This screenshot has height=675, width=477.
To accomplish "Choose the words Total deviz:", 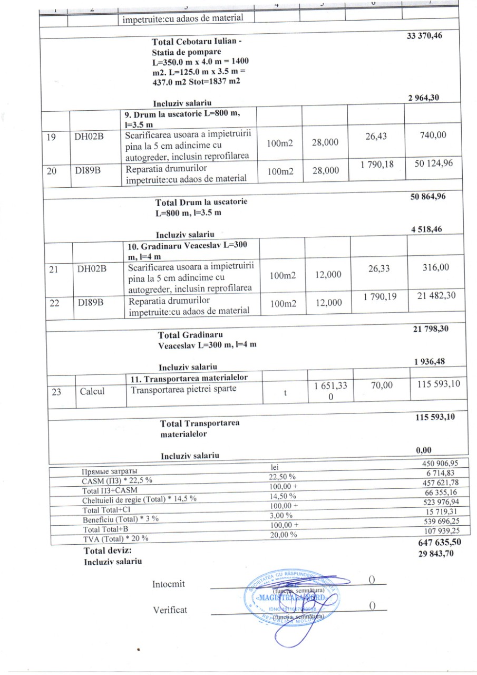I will [107, 550].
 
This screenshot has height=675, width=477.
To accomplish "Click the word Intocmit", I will [169, 584].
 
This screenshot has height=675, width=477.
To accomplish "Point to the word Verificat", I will [170, 610].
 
